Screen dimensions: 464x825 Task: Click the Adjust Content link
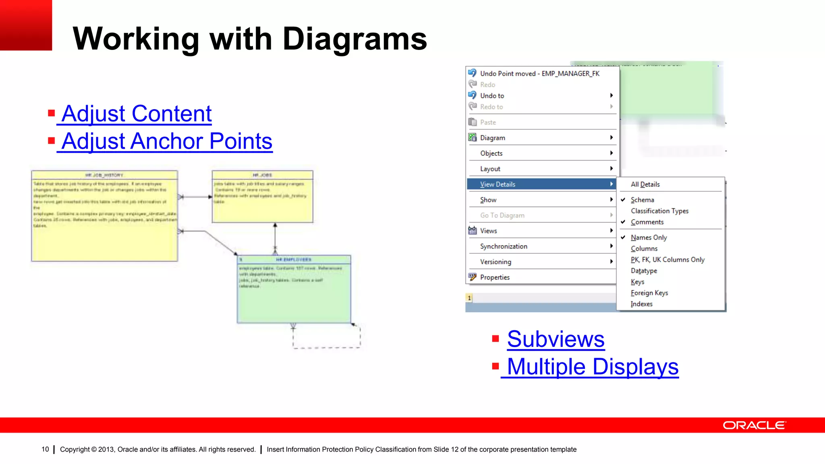point(136,114)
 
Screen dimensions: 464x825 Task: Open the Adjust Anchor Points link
point(166,141)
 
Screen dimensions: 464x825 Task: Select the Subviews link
point(556,339)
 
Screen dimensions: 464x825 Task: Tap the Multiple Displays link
point(592,367)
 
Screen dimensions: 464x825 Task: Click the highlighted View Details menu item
point(498,184)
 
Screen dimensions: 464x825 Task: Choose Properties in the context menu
point(495,278)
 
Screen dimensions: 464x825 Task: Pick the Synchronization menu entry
point(504,246)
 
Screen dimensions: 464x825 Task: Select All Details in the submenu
point(645,184)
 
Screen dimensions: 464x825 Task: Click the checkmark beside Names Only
point(623,238)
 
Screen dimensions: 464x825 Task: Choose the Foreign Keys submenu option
point(649,293)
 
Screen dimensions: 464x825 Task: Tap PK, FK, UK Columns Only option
point(667,260)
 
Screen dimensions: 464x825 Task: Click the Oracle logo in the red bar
point(754,425)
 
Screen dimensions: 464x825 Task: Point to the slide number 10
point(45,449)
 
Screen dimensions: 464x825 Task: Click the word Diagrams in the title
point(354,39)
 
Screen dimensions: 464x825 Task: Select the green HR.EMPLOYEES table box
point(294,298)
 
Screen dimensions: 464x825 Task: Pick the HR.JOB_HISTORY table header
point(104,175)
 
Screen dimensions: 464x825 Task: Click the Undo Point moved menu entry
point(539,74)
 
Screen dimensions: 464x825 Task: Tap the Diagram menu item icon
point(473,138)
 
